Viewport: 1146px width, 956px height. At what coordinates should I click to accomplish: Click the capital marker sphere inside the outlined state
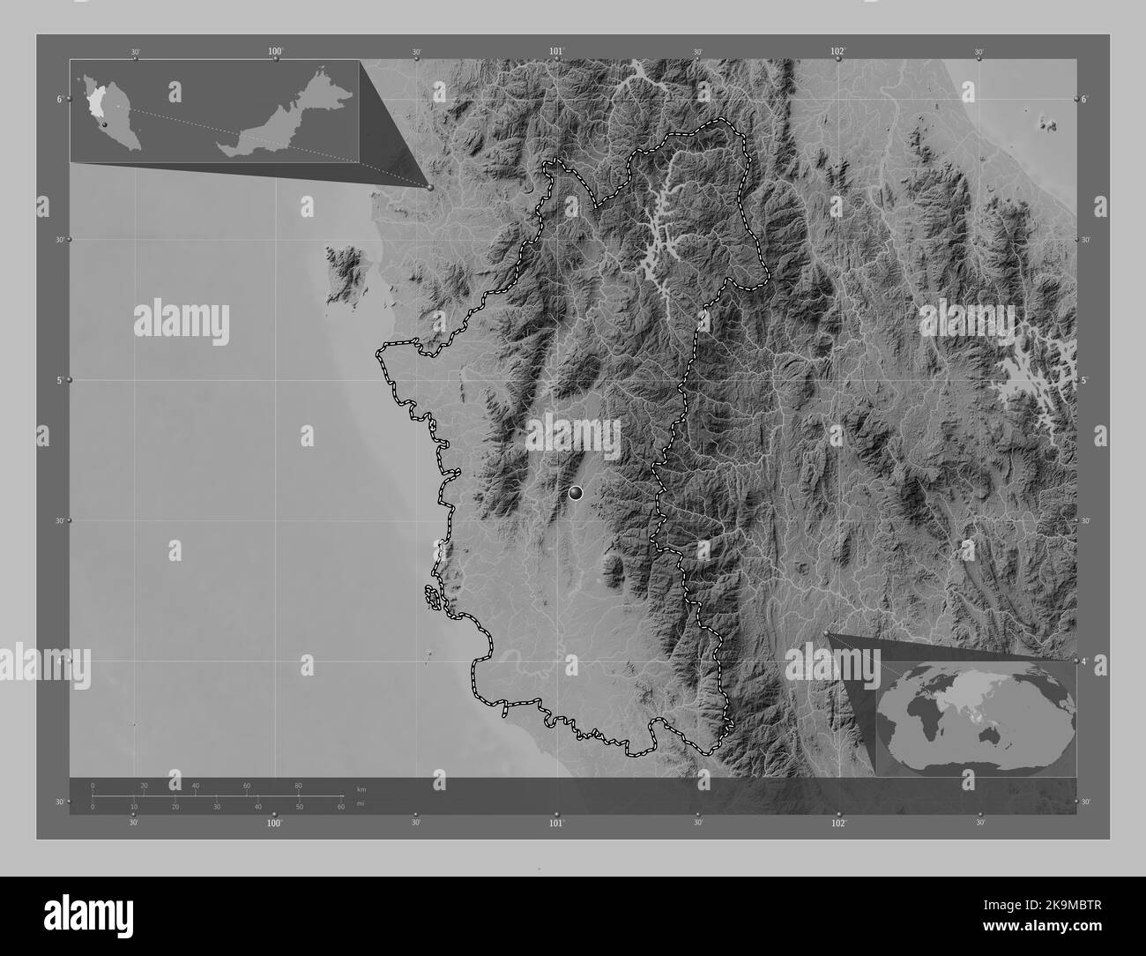pos(576,494)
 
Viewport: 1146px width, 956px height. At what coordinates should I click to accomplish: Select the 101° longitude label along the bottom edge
pos(556,823)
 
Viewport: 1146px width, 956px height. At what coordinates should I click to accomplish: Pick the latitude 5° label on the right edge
pos(1085,380)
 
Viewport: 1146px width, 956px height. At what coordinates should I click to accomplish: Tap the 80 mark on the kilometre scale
pos(298,785)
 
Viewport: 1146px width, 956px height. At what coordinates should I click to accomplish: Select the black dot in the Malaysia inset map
pos(104,126)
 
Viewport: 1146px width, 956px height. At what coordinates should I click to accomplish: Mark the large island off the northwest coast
pos(346,273)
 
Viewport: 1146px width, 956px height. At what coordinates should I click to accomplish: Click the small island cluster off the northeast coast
pos(1048,122)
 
